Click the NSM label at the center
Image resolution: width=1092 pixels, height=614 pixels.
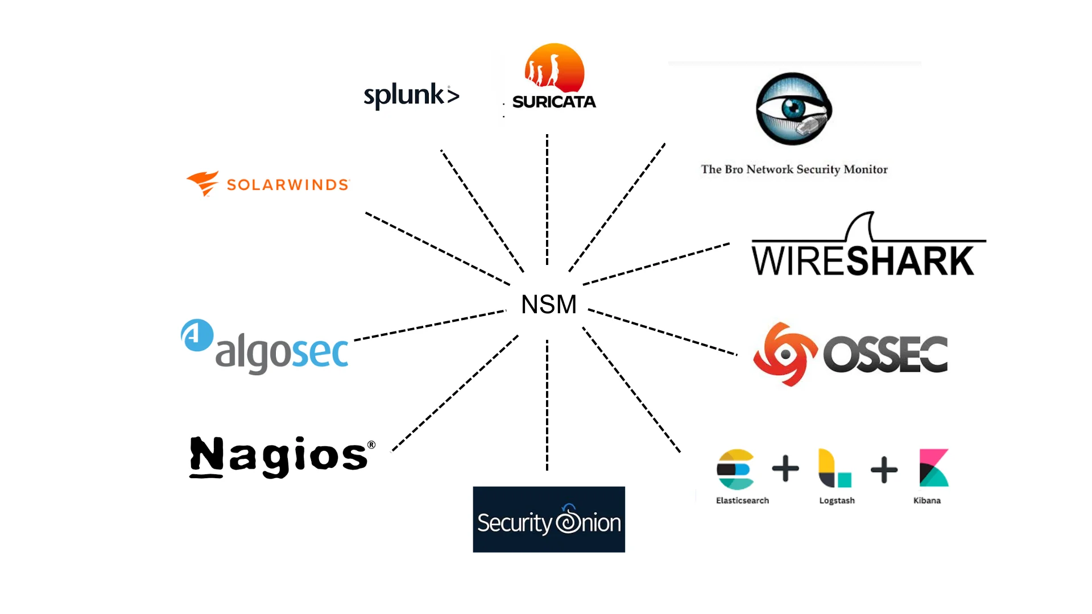[549, 305]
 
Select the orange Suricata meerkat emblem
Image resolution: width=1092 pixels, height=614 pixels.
[555, 68]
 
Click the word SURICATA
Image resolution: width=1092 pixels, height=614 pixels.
[554, 102]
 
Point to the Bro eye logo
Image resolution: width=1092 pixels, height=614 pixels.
[794, 109]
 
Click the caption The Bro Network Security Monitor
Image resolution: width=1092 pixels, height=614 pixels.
[794, 169]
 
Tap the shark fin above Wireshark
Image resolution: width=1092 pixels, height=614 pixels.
[860, 227]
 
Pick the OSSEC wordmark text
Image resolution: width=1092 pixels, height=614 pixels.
[886, 354]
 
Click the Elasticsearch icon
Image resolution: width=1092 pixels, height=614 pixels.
[735, 469]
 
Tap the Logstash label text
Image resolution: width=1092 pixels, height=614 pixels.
[837, 501]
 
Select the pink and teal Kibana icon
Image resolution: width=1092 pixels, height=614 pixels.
[934, 468]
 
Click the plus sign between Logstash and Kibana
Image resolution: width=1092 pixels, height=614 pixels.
[884, 470]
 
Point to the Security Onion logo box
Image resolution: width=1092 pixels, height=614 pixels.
[549, 519]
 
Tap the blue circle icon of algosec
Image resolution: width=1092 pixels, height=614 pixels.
[197, 335]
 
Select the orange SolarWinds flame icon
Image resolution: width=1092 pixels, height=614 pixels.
[203, 183]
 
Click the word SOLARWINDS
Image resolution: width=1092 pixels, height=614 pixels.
[288, 185]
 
